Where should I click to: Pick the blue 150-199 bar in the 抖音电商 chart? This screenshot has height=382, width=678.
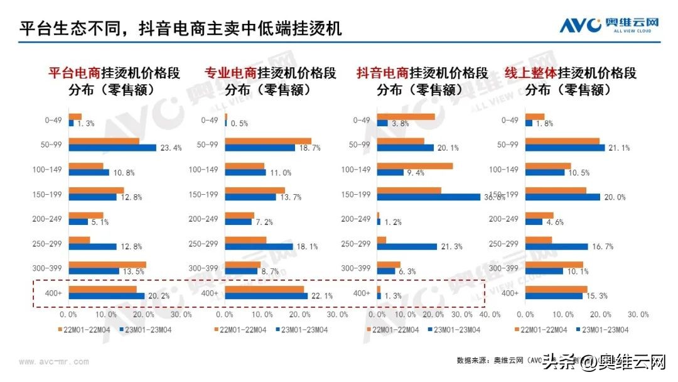pos(428,197)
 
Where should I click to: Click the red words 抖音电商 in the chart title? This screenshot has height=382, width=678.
pos(382,73)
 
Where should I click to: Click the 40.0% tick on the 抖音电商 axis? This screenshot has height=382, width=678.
pos(490,314)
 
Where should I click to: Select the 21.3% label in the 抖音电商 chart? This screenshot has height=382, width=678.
pos(451,247)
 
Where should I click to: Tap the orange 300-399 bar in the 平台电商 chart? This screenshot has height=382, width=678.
pos(107,265)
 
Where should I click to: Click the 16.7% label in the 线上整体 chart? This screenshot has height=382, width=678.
pos(601,247)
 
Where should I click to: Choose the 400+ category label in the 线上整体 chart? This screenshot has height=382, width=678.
pos(510,293)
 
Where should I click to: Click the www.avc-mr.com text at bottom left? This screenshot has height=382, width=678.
pos(54,361)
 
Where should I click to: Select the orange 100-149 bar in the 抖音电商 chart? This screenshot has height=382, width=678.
pos(415,166)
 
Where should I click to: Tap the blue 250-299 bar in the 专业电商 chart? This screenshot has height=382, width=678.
pos(259,247)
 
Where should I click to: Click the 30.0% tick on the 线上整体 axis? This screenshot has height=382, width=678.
pos(638,314)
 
